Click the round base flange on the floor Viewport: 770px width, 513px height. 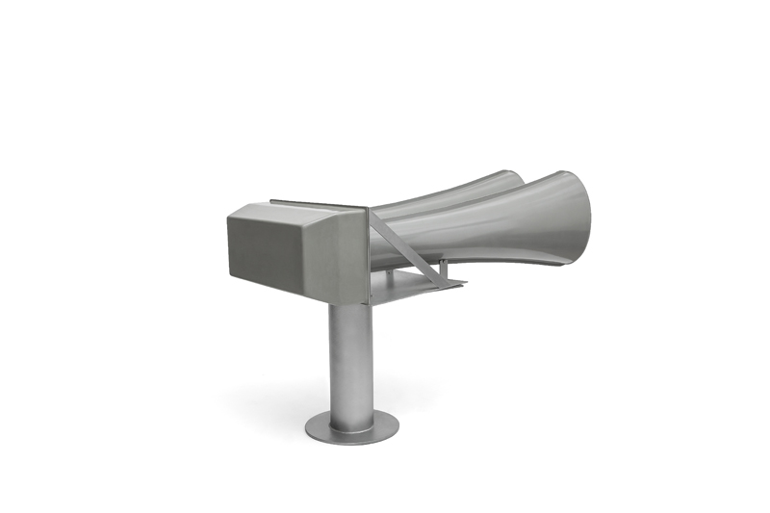[352, 424]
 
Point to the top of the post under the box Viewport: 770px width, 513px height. [348, 308]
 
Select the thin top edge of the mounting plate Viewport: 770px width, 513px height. [318, 203]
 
